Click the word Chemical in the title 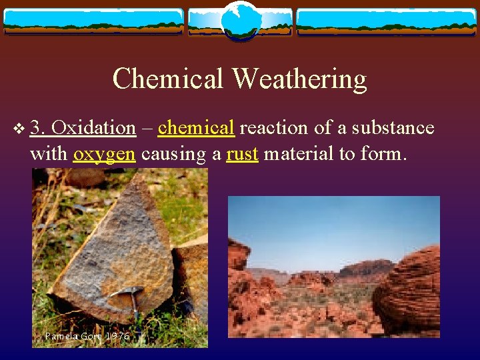169,79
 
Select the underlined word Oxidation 93,127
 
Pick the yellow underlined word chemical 196,127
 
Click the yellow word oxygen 104,154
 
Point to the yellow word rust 243,154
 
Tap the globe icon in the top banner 239,20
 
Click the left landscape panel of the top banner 93,21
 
